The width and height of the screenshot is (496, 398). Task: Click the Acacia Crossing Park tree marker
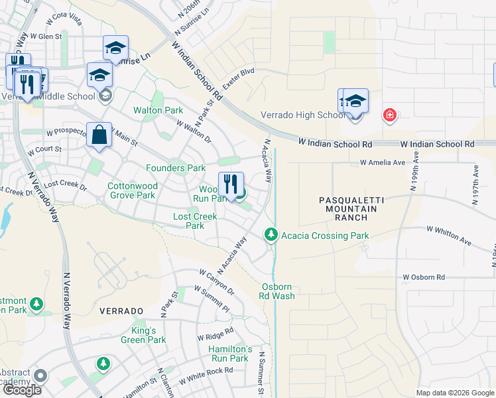pos(271,235)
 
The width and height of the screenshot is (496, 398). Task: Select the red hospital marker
pos(390,115)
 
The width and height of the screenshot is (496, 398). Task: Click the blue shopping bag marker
pos(99,134)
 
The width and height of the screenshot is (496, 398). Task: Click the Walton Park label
pos(158,109)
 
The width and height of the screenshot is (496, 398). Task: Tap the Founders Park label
pos(176,168)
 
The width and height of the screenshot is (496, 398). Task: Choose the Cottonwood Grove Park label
pos(132,191)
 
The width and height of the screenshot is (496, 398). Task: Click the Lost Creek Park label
pos(195,221)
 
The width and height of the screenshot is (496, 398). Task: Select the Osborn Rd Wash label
pos(277,291)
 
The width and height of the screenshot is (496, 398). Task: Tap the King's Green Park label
pos(143,335)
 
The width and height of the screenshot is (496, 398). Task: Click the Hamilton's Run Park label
pos(230,354)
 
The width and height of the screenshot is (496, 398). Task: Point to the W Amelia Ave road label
pos(382,162)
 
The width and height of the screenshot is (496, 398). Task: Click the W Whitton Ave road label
pos(449,235)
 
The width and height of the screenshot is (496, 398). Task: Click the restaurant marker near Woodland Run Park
pos(231,182)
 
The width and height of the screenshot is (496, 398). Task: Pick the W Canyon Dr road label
pos(217,282)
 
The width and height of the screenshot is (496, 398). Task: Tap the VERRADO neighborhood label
pos(121,310)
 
